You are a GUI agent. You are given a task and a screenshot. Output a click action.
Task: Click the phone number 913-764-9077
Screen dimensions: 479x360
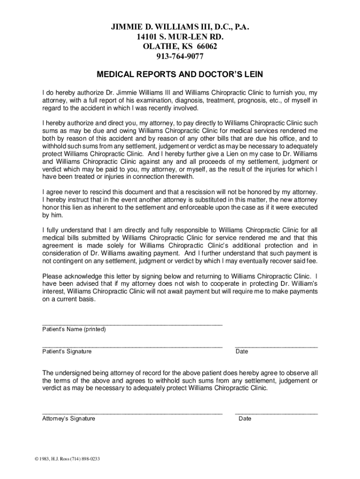point(180,57)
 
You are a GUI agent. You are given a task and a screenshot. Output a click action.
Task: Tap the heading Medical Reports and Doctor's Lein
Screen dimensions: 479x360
point(180,74)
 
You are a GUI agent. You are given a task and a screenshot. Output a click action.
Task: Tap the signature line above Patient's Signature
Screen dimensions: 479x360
point(132,346)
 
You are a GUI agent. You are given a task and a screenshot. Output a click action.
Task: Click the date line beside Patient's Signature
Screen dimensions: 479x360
point(276,346)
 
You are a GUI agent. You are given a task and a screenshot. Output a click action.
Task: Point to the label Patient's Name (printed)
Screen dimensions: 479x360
point(74,329)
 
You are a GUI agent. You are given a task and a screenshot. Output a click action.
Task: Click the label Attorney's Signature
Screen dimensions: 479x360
point(69,419)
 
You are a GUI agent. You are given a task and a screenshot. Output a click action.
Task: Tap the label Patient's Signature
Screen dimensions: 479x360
point(67,351)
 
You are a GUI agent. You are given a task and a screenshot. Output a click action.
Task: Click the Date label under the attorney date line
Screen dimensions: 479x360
point(245,419)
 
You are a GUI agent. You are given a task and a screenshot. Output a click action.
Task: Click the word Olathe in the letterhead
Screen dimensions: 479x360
point(159,47)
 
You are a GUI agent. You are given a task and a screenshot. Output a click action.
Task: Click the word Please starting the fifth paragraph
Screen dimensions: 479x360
point(52,276)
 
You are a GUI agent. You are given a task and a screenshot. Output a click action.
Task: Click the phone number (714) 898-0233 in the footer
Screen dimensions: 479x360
point(85,458)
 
